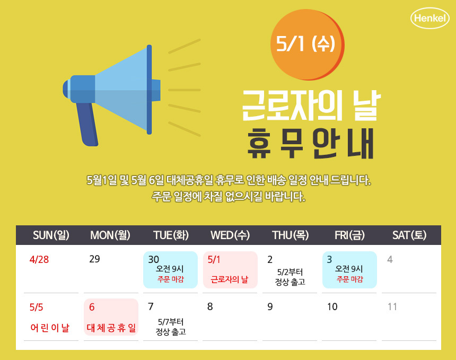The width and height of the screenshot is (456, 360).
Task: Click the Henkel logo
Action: point(430,18)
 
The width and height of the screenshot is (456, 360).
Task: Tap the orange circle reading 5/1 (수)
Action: point(307,45)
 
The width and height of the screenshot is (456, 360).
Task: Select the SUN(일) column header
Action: point(51,235)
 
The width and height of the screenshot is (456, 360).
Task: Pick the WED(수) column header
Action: point(230,235)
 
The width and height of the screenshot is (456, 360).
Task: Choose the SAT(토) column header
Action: point(409,235)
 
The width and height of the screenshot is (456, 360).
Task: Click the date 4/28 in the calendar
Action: point(39,259)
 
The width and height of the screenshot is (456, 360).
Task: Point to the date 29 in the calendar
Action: point(94,259)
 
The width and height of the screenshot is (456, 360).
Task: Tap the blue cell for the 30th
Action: point(170,270)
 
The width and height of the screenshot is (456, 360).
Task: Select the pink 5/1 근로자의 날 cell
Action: point(230,270)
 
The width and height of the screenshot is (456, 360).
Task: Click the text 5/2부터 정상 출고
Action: point(290,277)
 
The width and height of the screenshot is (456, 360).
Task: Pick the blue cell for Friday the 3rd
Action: point(349,270)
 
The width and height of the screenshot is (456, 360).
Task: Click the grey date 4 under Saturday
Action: point(390,259)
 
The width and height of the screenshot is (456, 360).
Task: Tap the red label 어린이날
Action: point(50,328)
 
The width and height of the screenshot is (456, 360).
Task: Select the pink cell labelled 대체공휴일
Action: point(111,317)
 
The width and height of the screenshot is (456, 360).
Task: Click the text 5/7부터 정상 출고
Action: point(171,327)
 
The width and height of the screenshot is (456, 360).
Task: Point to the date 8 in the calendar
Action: point(210,306)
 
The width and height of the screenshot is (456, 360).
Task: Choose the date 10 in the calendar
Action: point(332,307)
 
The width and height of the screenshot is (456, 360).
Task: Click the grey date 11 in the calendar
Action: point(392,307)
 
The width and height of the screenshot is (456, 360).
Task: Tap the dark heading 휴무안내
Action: point(310,144)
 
